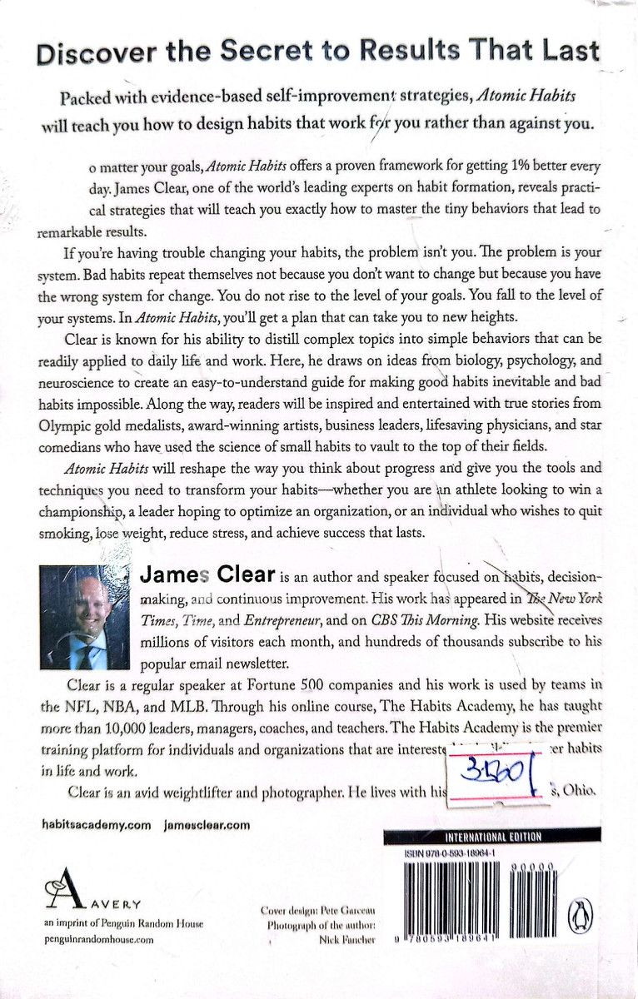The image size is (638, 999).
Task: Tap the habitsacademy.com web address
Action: [x=83, y=824]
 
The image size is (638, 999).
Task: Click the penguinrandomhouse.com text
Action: [x=97, y=938]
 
